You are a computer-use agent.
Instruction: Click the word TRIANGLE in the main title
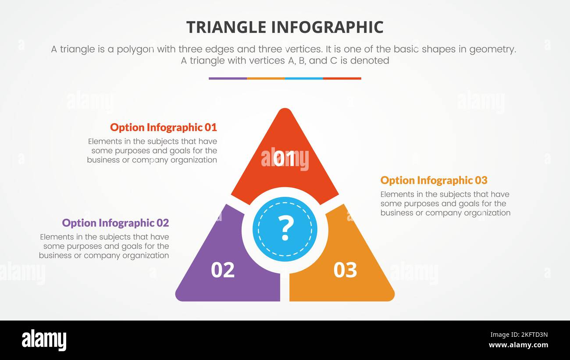tap(226, 27)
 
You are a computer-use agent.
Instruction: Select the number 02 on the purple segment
tap(223, 270)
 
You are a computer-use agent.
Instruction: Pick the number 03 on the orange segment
tap(345, 270)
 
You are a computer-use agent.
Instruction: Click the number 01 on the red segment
tap(285, 159)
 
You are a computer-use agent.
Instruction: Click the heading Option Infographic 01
tap(163, 128)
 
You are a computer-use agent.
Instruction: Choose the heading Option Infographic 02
tap(115, 223)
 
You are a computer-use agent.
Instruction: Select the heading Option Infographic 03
tap(434, 180)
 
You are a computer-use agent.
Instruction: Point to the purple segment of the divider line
tap(228, 78)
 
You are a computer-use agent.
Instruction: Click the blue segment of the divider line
tap(304, 78)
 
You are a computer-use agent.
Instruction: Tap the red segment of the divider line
tap(342, 78)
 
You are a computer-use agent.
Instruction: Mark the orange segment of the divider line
tap(266, 78)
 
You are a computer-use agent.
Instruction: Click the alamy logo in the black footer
tap(44, 340)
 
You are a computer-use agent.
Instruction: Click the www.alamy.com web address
tap(518, 345)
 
